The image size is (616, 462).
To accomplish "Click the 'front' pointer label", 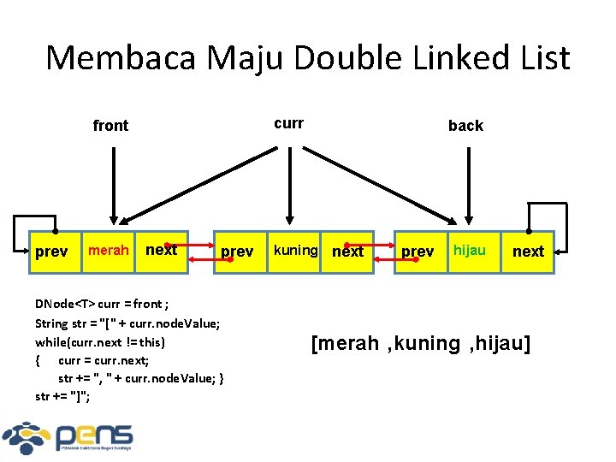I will [x=110, y=126].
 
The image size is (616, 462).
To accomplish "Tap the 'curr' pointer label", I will [x=289, y=123].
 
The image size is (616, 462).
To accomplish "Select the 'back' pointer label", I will [x=465, y=126].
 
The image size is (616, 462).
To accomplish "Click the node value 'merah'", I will [x=109, y=251].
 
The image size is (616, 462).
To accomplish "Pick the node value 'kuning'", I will [x=295, y=251].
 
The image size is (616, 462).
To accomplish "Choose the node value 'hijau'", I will [x=470, y=251].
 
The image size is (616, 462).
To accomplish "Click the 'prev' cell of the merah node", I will [x=51, y=252].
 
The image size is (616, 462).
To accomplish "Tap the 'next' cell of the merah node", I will [x=162, y=251].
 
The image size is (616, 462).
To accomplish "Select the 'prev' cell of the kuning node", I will [x=237, y=252].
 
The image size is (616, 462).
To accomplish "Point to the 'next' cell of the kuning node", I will [x=348, y=252].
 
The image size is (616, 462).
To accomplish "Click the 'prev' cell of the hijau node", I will [x=418, y=252].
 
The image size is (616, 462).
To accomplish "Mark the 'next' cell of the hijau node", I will [x=528, y=252].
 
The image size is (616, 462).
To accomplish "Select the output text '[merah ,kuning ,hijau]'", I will [x=421, y=344].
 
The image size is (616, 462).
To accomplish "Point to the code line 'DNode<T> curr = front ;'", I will [x=102, y=305].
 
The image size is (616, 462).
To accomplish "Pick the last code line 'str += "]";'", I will [x=63, y=396].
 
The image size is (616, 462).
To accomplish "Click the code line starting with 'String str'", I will [x=127, y=323].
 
